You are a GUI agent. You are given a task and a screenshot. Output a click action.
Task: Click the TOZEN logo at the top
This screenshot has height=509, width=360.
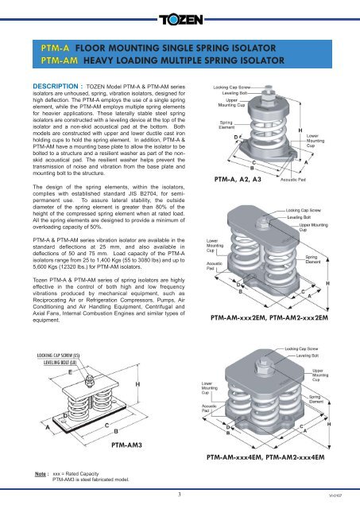click(x=180, y=17)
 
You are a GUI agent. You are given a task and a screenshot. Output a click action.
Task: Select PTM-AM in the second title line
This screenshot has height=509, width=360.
click(x=60, y=61)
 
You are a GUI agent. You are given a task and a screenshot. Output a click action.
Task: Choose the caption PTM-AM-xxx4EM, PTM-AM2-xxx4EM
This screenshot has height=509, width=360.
click(x=273, y=458)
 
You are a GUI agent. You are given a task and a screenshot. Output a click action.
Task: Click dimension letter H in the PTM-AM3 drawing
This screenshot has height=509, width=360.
click(x=140, y=383)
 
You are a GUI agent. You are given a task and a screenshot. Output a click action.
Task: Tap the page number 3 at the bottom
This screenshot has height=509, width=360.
click(x=180, y=494)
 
